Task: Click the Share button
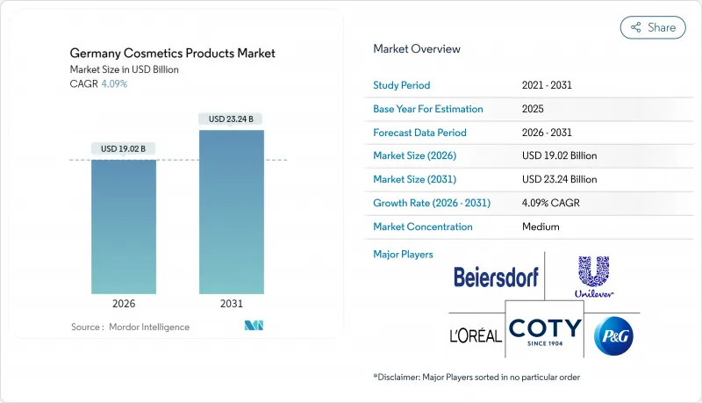[x=653, y=27]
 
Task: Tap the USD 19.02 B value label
[x=124, y=148]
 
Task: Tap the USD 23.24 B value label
[x=232, y=119]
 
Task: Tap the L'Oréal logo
[x=475, y=335]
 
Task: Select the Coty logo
[x=545, y=332]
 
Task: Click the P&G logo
[x=613, y=336]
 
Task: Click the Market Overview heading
[x=417, y=49]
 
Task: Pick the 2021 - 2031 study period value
[x=548, y=85]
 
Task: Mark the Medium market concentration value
[x=541, y=227]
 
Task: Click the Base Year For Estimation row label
[x=428, y=109]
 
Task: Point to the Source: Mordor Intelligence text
[x=130, y=327]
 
